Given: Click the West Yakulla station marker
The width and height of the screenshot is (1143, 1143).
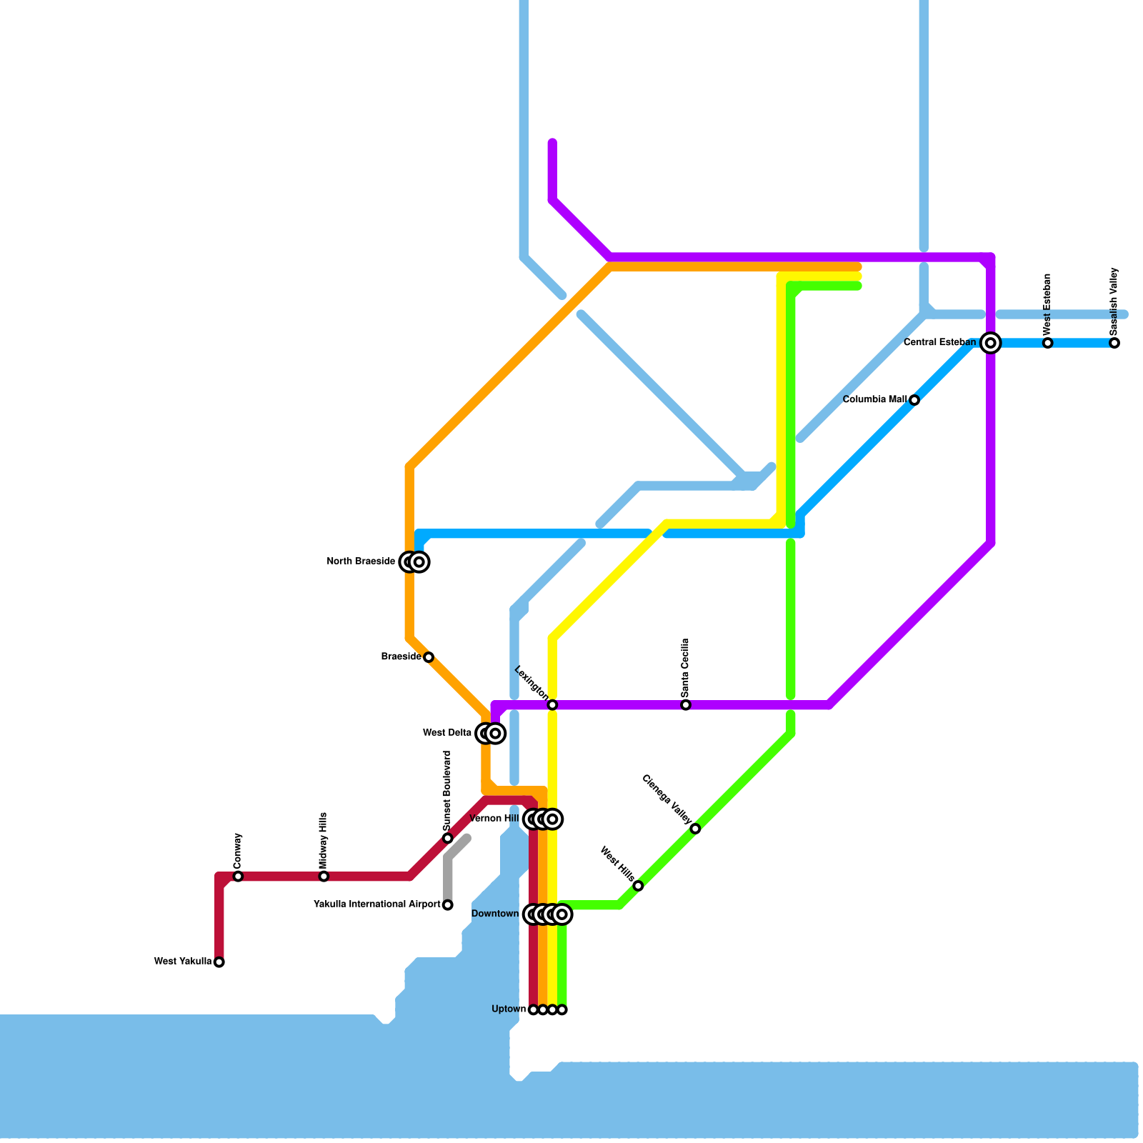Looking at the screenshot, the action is click(219, 962).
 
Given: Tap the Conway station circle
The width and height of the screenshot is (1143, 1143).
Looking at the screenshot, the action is click(238, 877).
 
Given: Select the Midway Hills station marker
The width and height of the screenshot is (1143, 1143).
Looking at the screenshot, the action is click(324, 877).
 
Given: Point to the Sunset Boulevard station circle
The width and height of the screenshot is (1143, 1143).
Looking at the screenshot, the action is click(447, 838).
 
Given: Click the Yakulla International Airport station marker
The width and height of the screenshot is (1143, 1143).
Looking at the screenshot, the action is click(447, 905).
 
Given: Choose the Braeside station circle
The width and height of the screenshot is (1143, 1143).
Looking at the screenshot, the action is click(429, 657).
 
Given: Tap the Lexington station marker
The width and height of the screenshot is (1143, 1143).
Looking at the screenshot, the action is click(552, 705).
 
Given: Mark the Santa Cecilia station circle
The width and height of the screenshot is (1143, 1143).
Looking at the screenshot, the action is click(686, 705).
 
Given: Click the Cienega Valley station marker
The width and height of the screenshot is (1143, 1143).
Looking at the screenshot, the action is click(695, 829).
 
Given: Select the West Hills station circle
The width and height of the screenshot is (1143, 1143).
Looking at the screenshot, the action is click(638, 886).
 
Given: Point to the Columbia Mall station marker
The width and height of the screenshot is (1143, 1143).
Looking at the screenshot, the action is click(914, 400).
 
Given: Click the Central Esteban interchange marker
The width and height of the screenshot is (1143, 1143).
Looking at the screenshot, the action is click(990, 343).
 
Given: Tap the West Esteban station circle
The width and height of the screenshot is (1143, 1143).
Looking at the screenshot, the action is click(1047, 343).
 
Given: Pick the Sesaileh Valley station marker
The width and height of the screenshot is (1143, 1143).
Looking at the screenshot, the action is click(1114, 343).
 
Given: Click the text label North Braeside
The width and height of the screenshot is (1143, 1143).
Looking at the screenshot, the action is click(361, 561).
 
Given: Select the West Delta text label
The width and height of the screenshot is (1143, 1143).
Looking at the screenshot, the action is click(447, 733).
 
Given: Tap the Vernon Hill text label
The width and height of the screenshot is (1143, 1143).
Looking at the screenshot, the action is click(494, 819).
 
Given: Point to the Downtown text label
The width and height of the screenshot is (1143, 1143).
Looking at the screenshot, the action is click(495, 914).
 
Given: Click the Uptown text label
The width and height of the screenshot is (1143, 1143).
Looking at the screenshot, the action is click(509, 1009).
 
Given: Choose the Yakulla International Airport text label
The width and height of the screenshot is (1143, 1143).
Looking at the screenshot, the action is click(377, 905).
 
